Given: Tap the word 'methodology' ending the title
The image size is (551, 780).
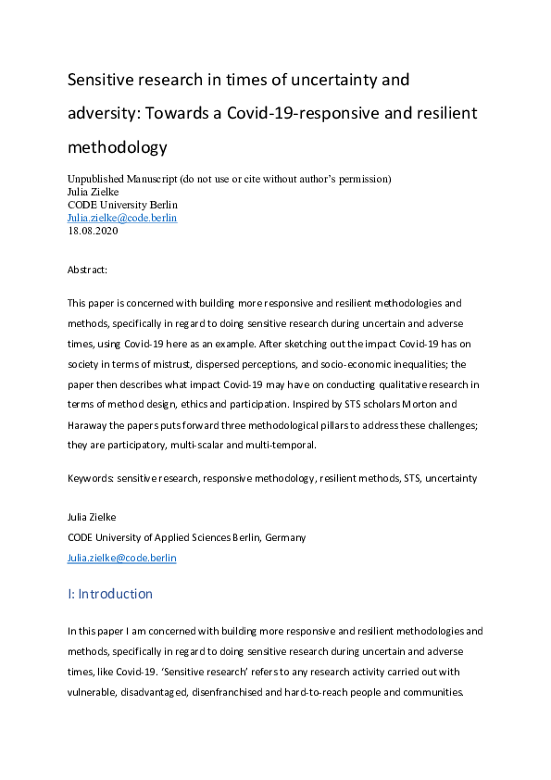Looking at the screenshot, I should (x=118, y=146).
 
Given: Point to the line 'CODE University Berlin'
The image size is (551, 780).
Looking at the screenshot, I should (x=123, y=204).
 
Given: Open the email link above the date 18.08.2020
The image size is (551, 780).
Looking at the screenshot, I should (x=122, y=218).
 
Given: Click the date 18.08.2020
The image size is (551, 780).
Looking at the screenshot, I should (x=94, y=231).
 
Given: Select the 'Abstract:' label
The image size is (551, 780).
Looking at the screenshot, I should (x=88, y=270).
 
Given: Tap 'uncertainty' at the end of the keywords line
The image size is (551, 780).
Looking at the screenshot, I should (x=451, y=478).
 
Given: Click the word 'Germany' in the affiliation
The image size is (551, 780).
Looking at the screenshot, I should (x=285, y=537).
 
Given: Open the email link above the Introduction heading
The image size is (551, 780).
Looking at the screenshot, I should (x=122, y=558).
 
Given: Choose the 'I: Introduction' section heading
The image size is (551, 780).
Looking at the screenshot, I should (x=110, y=594).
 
